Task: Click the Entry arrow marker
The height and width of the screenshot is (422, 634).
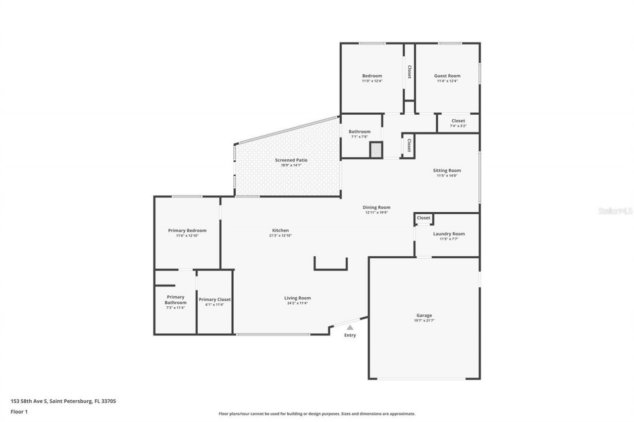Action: [x=350, y=327]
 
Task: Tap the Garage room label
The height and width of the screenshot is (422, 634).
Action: [x=424, y=315]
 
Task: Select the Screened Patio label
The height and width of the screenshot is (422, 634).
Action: [x=291, y=160]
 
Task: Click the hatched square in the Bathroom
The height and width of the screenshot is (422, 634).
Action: [x=376, y=150]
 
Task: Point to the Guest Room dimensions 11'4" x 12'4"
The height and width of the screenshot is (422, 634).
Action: [x=447, y=81]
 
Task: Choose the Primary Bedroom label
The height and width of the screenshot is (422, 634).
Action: [x=187, y=231]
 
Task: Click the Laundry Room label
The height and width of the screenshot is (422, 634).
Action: [x=449, y=234]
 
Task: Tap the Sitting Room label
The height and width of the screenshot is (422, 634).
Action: [x=447, y=171]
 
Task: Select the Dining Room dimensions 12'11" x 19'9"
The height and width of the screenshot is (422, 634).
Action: [x=376, y=213]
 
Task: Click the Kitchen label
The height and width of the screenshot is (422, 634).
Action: [x=280, y=231]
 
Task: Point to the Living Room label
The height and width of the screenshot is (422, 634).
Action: [x=297, y=298]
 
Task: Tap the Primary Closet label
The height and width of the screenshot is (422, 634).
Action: [x=214, y=299]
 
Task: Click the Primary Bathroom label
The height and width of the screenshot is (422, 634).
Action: [x=176, y=300]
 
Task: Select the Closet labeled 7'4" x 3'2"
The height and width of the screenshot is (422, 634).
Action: [x=458, y=126]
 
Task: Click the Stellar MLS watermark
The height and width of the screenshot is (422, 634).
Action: [x=616, y=211]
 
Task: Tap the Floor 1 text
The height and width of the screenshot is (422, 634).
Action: [x=19, y=411]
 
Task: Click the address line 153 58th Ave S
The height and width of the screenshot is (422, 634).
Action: [x=63, y=401]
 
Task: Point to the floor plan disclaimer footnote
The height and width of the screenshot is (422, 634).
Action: [x=317, y=414]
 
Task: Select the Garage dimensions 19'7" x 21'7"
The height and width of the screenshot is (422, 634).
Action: [x=424, y=321]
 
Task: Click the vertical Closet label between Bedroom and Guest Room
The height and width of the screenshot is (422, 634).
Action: [x=409, y=72]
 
